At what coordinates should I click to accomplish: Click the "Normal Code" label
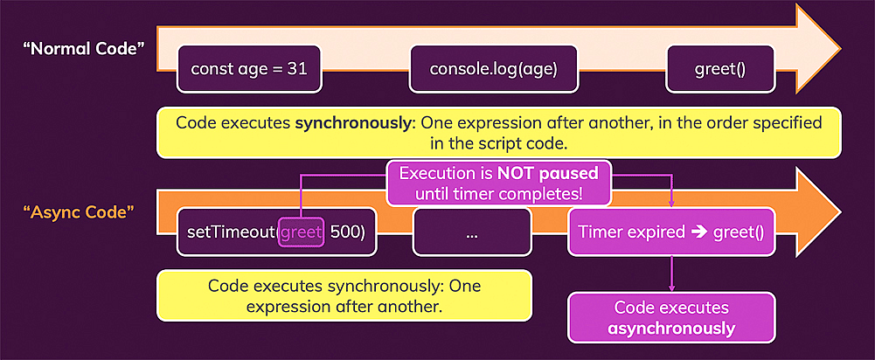point(83,48)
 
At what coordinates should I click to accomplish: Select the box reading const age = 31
point(248,68)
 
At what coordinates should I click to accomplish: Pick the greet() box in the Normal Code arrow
point(719,68)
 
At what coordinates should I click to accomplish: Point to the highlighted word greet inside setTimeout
point(302,232)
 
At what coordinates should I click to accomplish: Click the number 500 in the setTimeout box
point(346,232)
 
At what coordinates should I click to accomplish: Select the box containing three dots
point(472,232)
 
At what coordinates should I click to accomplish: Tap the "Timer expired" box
point(670,232)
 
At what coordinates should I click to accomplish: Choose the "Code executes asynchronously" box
point(670,317)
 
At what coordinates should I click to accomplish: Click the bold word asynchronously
point(670,328)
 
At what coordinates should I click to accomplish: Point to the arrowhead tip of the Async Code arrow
point(838,211)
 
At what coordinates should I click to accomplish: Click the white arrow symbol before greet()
point(701,232)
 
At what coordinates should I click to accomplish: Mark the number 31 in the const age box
point(296,68)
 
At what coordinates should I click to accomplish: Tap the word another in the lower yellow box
point(408,307)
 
